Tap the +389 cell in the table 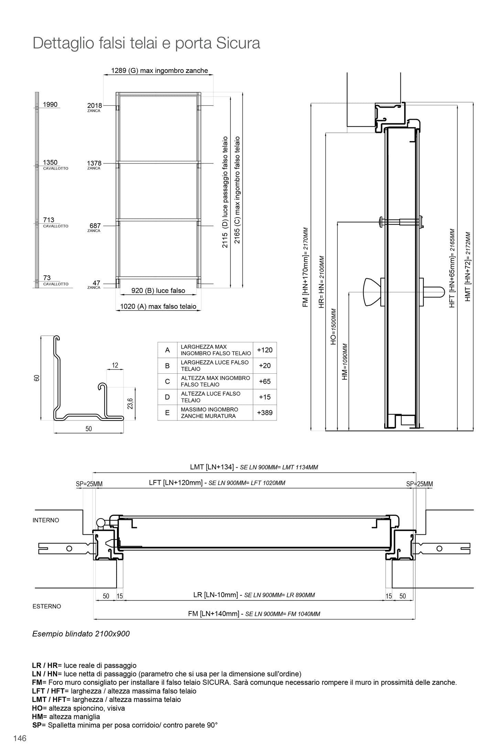[x=264, y=413]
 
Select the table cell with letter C [x=168, y=381]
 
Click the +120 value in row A [x=264, y=350]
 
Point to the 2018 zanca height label [x=94, y=106]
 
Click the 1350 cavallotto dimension [x=50, y=162]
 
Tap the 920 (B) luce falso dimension [x=158, y=291]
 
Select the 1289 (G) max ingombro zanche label [x=159, y=71]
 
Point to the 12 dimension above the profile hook [x=115, y=365]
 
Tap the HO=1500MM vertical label [x=333, y=327]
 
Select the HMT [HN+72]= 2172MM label [x=467, y=267]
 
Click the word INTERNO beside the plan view [x=46, y=520]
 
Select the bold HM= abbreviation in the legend [x=37, y=717]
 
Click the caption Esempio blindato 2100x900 [x=81, y=633]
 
